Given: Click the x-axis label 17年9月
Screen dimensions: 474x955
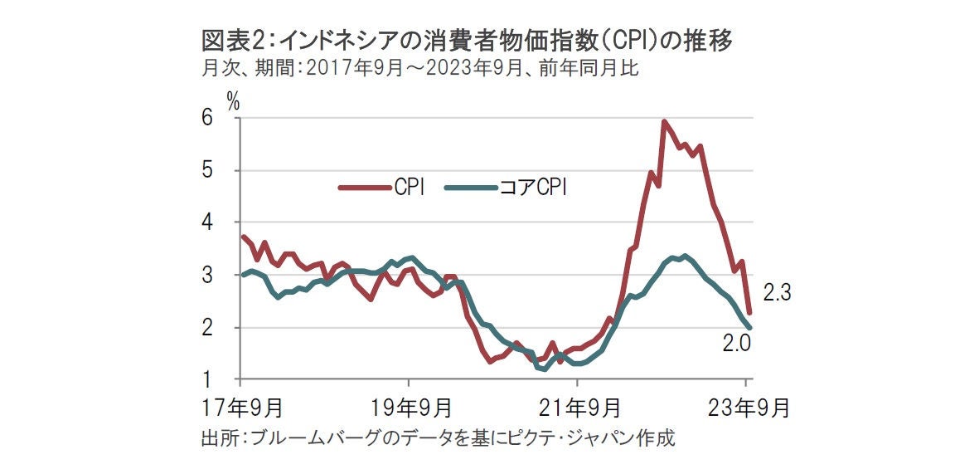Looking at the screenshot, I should point(246,408).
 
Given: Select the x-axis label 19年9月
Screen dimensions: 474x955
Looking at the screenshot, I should point(413,408).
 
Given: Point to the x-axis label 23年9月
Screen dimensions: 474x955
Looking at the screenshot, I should point(749,408).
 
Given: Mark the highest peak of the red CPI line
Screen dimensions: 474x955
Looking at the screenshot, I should point(664,122).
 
